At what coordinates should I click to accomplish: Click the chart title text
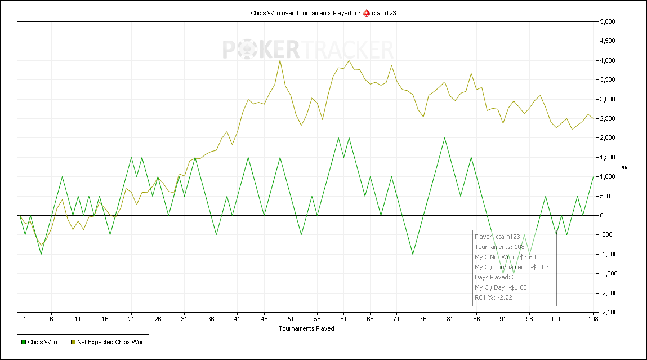pyautogui.click(x=323, y=13)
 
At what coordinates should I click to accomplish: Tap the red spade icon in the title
pyautogui.click(x=367, y=13)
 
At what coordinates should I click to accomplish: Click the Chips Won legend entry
pyautogui.click(x=39, y=342)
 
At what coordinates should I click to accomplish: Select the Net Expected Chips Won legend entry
pyautogui.click(x=108, y=342)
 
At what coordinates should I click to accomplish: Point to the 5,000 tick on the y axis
pyautogui.click(x=606, y=21)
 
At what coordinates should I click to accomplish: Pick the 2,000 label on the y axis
pyautogui.click(x=606, y=138)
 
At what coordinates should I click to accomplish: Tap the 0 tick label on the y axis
pyautogui.click(x=601, y=216)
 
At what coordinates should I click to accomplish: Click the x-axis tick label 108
pyautogui.click(x=593, y=319)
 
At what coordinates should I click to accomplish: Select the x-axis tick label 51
pyautogui.click(x=291, y=319)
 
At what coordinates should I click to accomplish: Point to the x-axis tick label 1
pyautogui.click(x=25, y=319)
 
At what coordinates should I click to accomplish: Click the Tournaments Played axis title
pyautogui.click(x=306, y=328)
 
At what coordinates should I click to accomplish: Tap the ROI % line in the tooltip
pyautogui.click(x=493, y=297)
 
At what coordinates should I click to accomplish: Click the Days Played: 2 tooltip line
pyautogui.click(x=495, y=277)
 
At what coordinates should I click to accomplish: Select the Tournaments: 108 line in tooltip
pyautogui.click(x=499, y=247)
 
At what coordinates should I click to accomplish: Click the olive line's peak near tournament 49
pyautogui.click(x=280, y=60)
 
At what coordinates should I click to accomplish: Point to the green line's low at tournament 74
pyautogui.click(x=413, y=254)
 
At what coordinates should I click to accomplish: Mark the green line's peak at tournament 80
pyautogui.click(x=444, y=138)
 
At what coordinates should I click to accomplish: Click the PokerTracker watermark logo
pyautogui.click(x=308, y=50)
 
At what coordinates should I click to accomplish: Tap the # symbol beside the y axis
pyautogui.click(x=624, y=167)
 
